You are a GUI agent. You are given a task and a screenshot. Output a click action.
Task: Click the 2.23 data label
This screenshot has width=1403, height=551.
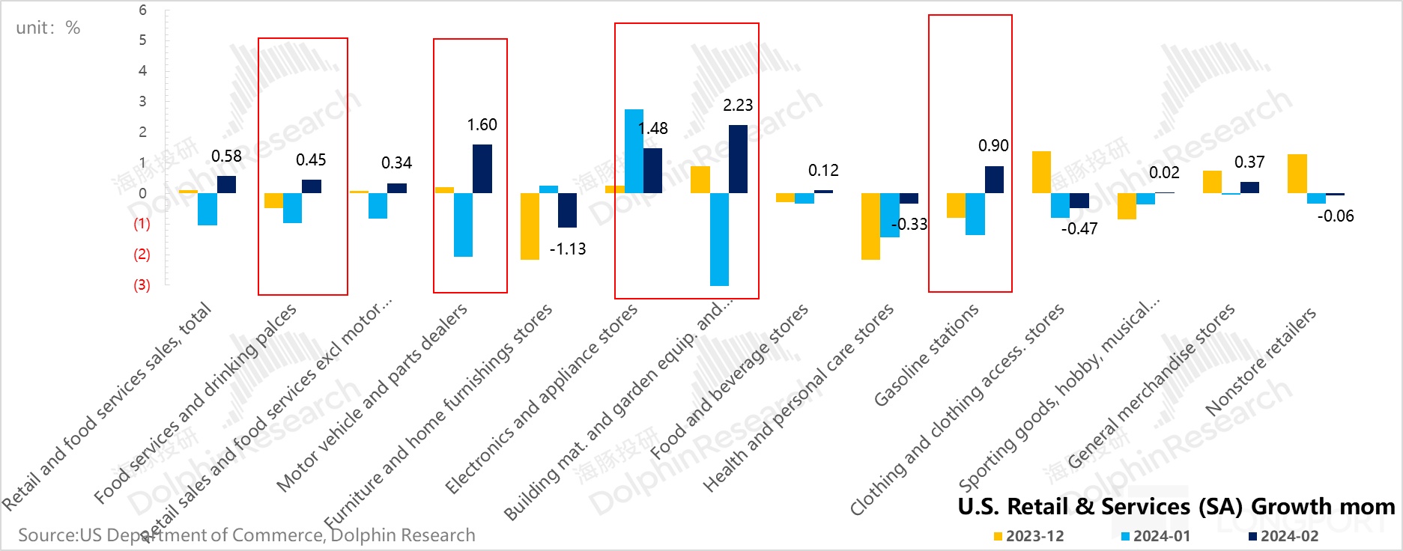(737, 106)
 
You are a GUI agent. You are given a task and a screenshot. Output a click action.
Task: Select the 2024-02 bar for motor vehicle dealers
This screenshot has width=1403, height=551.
(482, 168)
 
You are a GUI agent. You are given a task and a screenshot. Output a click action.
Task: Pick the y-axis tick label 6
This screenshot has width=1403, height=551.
(142, 10)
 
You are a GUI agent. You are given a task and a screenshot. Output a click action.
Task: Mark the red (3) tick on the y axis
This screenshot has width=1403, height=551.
(142, 284)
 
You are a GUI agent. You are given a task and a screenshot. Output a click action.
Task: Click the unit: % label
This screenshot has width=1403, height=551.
(48, 28)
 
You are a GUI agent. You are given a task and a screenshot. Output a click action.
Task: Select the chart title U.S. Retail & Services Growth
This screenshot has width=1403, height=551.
(1176, 507)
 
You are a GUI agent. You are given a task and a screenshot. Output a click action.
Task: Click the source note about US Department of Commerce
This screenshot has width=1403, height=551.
(246, 535)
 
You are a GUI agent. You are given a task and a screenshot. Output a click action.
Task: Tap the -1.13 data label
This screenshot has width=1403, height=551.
(568, 249)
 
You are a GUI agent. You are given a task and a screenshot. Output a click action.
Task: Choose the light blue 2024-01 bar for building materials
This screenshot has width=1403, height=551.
(719, 239)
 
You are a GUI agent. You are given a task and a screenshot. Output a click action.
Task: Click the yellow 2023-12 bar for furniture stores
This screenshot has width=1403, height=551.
(530, 226)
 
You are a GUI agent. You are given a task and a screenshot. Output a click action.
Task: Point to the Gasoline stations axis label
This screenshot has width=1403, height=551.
(927, 356)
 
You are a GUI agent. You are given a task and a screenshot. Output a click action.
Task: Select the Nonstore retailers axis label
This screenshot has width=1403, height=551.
(1261, 362)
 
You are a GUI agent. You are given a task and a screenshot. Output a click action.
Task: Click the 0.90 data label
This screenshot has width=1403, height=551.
(993, 146)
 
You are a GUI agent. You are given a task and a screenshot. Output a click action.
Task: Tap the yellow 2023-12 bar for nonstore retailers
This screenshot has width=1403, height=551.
(1297, 174)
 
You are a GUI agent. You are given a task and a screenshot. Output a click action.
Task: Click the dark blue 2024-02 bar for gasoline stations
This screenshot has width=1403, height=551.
(994, 180)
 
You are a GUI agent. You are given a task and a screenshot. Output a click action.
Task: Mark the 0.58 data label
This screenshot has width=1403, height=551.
(226, 156)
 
